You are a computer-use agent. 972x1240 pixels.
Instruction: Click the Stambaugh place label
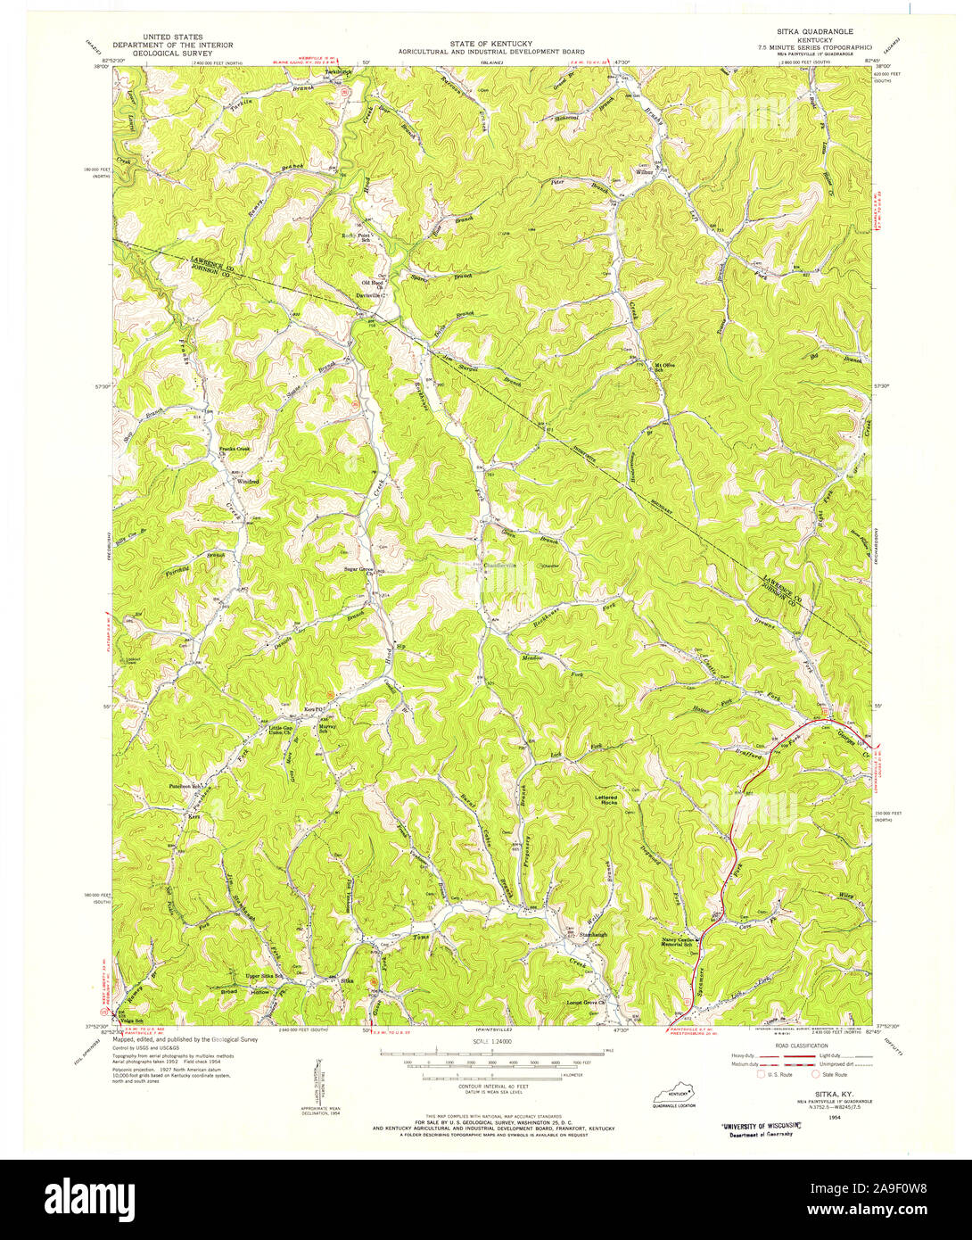[x=592, y=934]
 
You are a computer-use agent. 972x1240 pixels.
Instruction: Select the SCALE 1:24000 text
[x=486, y=1041]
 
